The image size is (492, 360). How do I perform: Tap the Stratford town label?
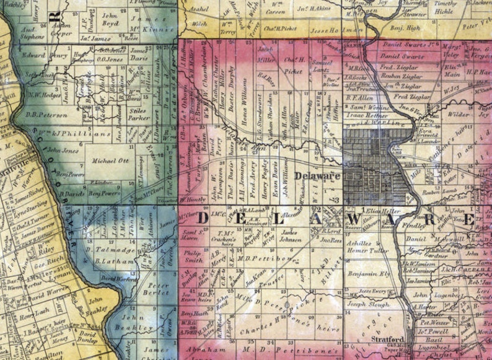coord(388,339)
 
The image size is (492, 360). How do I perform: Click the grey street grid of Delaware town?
coord(372,155)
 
